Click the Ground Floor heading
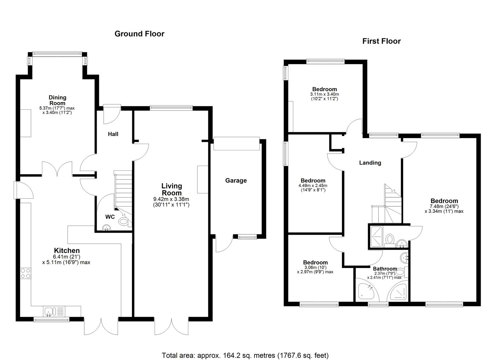click(139, 34)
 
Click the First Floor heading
click(381, 41)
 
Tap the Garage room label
click(236, 180)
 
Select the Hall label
click(113, 134)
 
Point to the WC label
click(110, 217)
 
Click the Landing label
click(370, 163)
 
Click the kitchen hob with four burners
click(26, 273)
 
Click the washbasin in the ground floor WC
click(107, 227)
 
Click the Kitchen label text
click(67, 251)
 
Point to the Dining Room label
click(58, 100)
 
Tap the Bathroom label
click(385, 269)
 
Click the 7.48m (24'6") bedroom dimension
click(444, 206)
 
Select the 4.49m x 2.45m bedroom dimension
click(312, 186)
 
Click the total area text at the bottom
click(246, 355)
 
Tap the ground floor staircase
click(123, 190)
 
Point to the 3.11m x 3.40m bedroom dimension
click(324, 94)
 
